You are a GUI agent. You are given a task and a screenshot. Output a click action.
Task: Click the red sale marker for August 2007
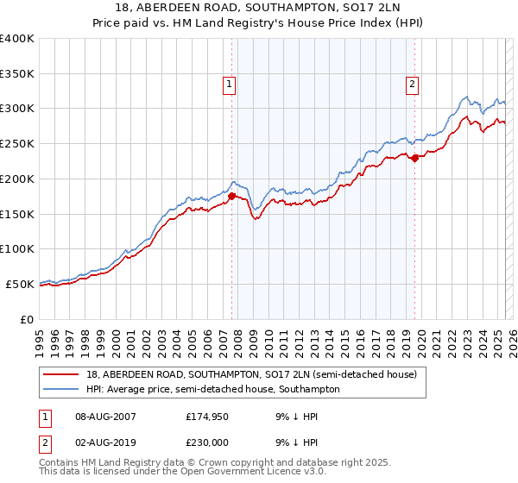point(231,197)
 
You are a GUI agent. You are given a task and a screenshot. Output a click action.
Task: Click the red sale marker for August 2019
point(415,158)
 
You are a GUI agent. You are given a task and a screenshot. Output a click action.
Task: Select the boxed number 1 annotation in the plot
point(230,84)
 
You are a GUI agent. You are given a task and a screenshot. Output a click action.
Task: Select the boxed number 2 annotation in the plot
point(413,84)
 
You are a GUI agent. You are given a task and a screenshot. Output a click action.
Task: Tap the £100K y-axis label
point(17,248)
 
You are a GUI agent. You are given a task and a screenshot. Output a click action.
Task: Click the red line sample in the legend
point(60,374)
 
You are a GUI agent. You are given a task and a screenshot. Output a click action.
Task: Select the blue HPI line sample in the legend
point(60,389)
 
